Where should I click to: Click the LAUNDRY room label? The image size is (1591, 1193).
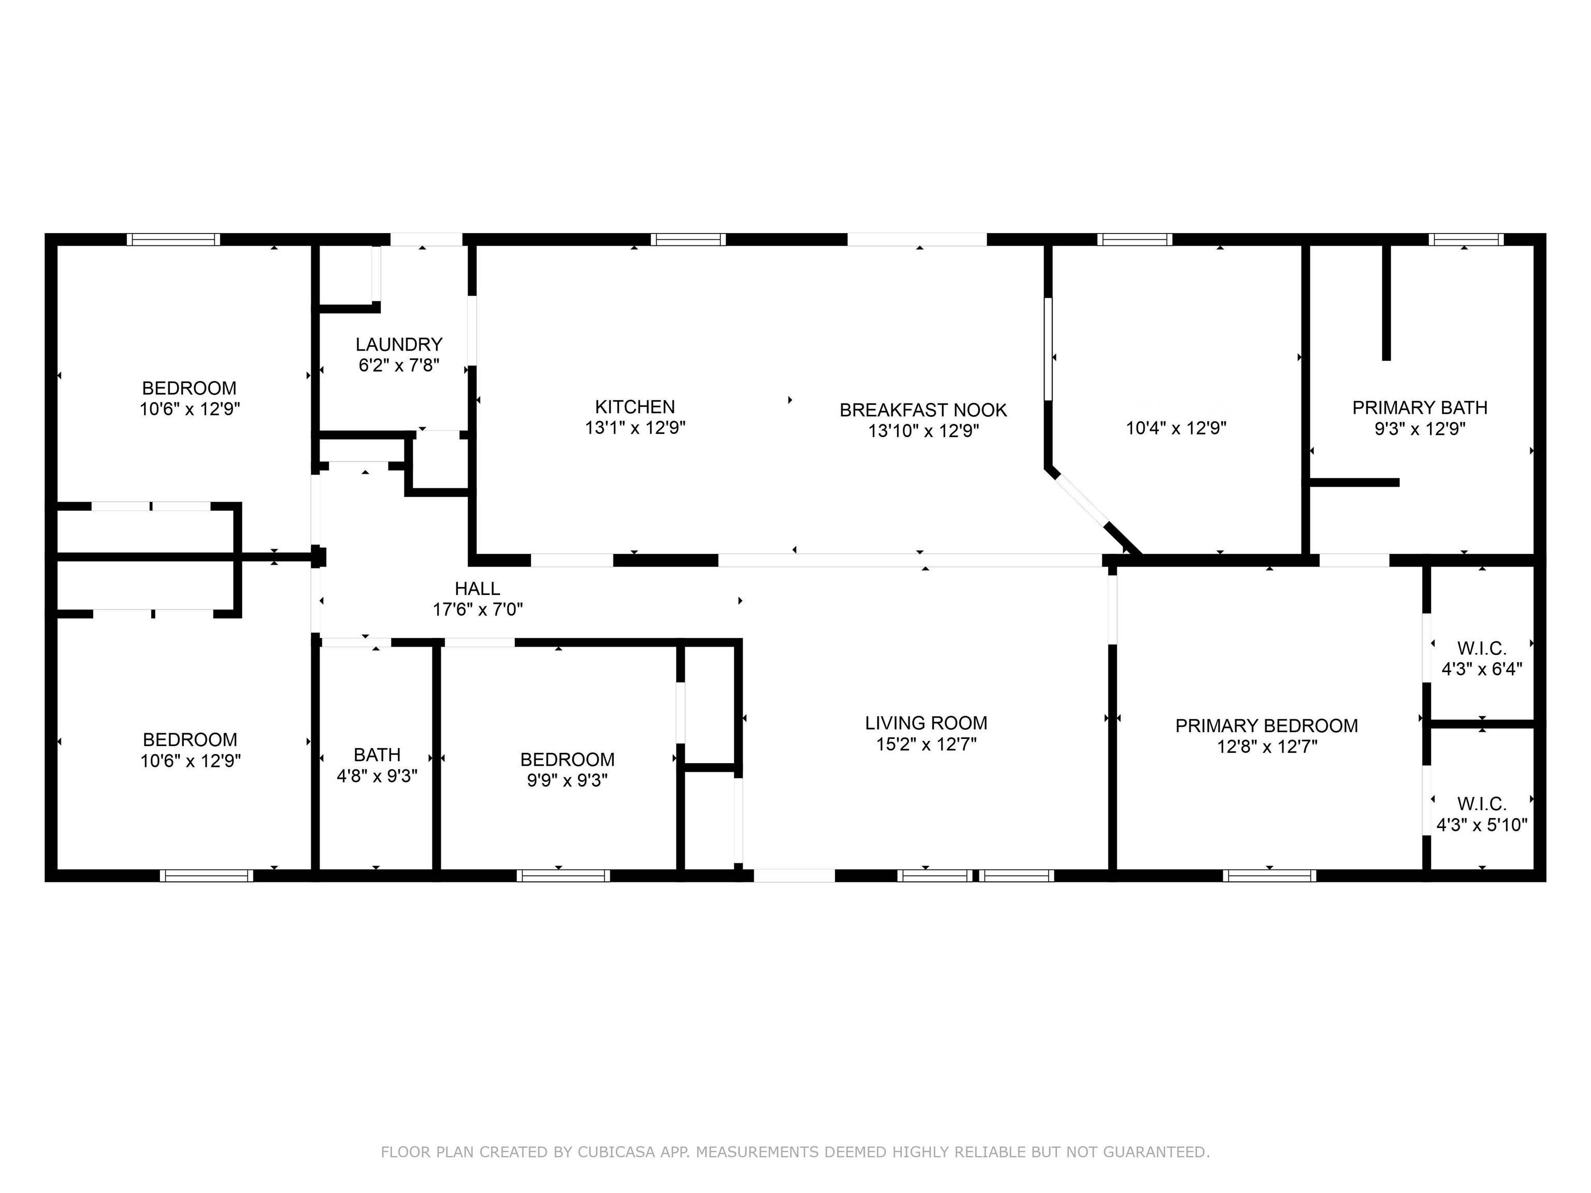coord(398,344)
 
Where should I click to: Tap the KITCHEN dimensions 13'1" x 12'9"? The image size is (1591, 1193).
coord(634,428)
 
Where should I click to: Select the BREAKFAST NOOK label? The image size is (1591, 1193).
coord(923,410)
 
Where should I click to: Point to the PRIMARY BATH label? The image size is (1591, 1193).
coord(1419,408)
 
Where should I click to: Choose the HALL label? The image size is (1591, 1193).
coord(477,589)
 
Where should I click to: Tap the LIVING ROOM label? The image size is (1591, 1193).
coord(925,723)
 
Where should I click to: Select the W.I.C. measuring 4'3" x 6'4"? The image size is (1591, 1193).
coord(1481,659)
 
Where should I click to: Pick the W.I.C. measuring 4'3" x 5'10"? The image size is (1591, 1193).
coord(1481,814)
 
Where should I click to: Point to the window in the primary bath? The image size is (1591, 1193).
coord(1465,239)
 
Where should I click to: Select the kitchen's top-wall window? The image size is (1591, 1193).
coord(688,239)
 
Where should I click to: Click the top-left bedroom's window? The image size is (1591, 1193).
coord(173,239)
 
